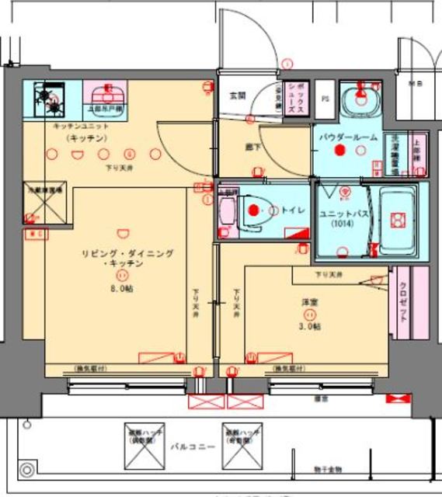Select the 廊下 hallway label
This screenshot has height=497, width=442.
coord(252,144)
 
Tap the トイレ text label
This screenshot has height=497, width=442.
coord(292,210)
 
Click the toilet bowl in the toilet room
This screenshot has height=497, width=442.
coord(252,210)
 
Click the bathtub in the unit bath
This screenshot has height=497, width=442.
coord(397,220)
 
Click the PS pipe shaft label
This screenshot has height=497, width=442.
coord(325,99)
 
